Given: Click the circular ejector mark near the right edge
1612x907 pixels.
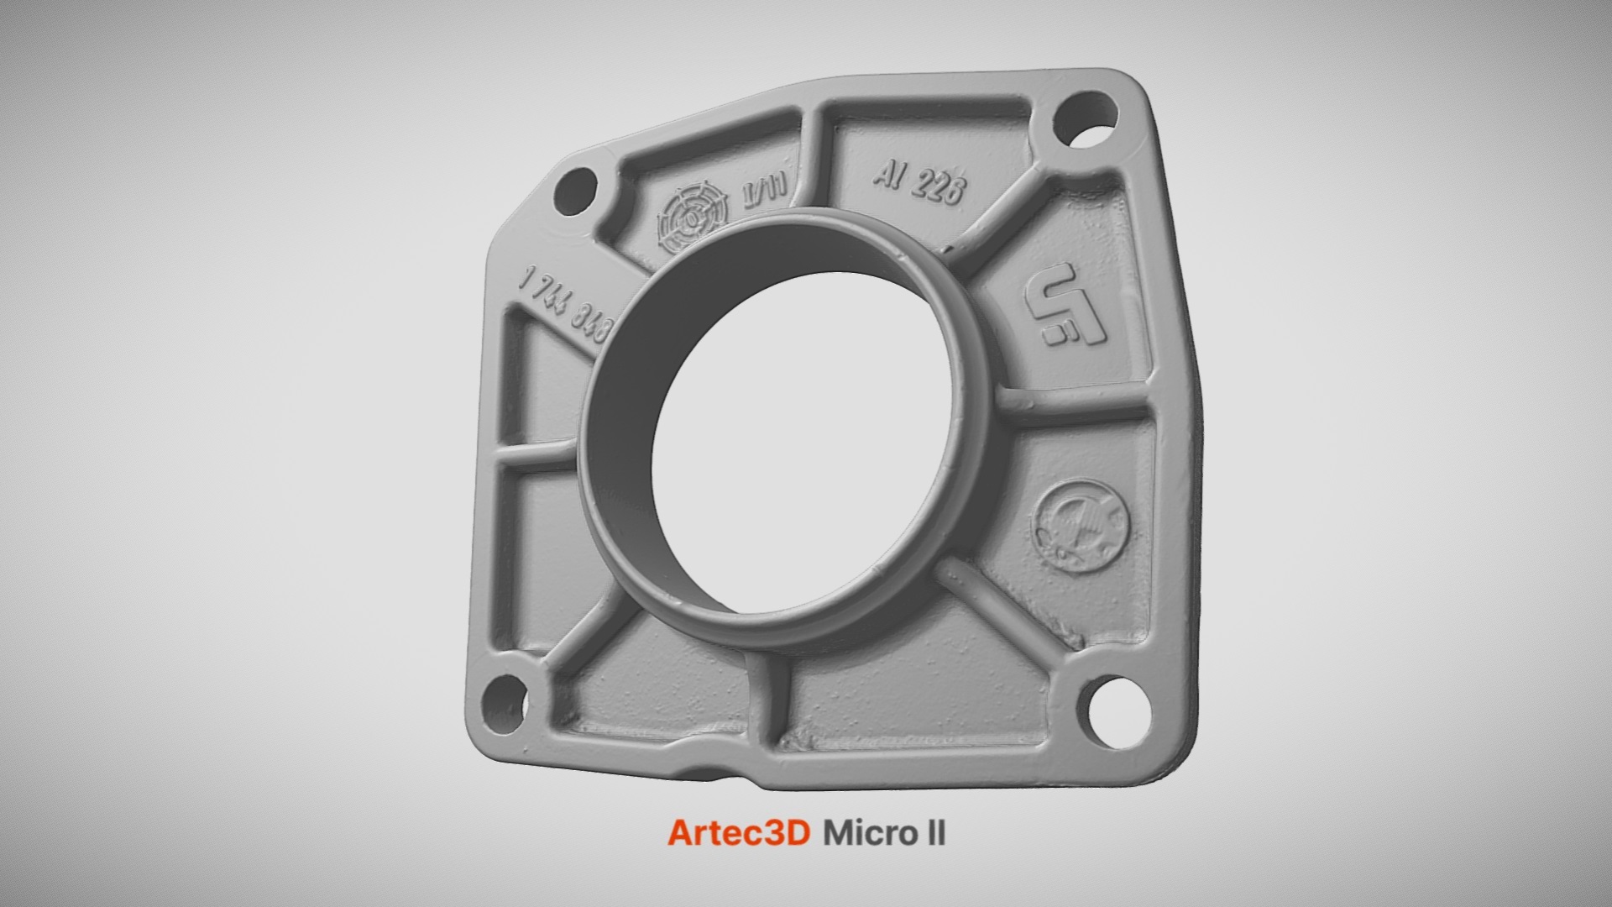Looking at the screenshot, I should click(x=1081, y=527).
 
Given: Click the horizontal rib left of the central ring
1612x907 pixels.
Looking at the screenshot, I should click(x=537, y=459).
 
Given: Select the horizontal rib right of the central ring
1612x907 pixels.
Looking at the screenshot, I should click(x=1075, y=407).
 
